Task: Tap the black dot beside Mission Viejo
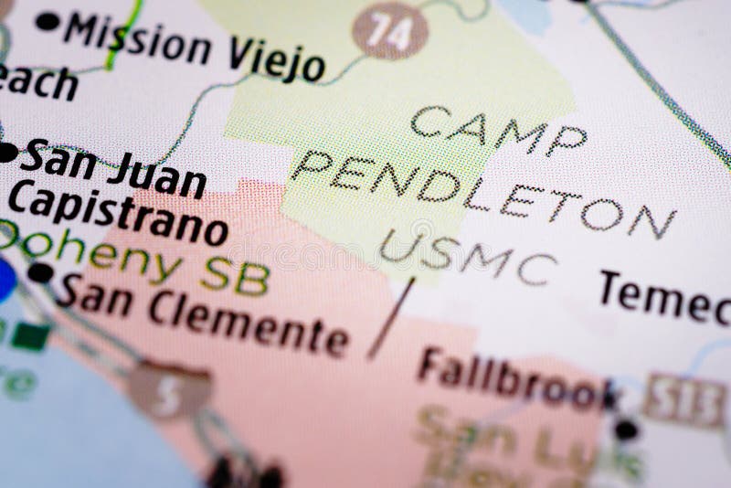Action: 47,21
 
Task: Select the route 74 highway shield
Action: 390,30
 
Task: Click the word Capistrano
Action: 118,216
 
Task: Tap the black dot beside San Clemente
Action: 40,272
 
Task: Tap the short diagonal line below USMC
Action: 391,317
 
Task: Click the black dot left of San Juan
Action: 7,152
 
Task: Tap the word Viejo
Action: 275,59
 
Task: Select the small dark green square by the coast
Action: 31,335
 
